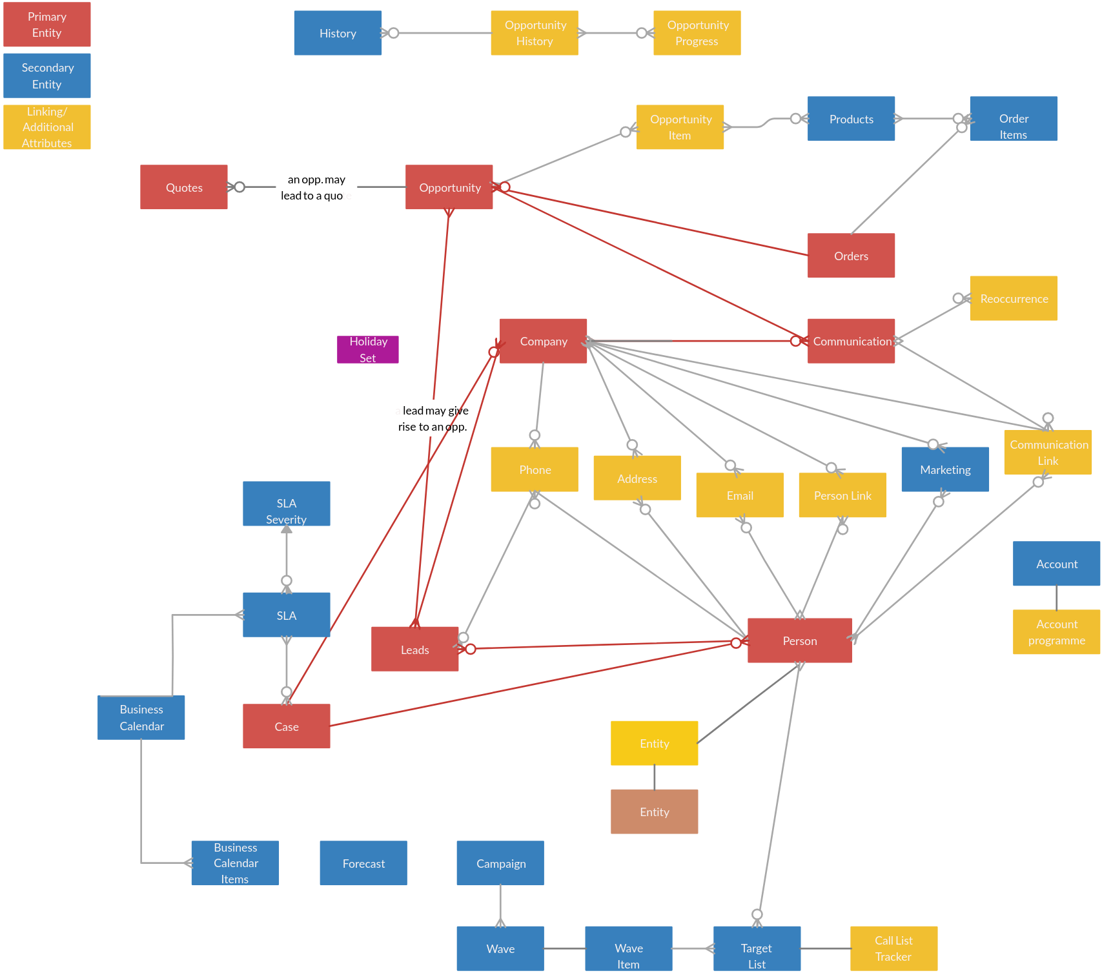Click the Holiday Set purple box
pos(367,349)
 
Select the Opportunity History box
pos(534,33)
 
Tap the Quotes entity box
pos(184,187)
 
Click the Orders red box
pos(851,256)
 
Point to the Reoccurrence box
pos(1014,298)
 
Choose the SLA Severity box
pos(286,504)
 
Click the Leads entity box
pos(414,649)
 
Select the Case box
pos(286,726)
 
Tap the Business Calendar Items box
pos(235,863)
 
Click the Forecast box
pos(363,863)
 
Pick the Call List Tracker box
pos(893,948)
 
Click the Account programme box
pos(1056,632)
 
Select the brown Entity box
pos(654,812)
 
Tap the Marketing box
pos(945,469)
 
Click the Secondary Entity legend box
pos(47,76)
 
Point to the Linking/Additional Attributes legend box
pos(47,127)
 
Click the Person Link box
pos(842,495)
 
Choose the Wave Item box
pos(628,948)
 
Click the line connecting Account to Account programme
pos(1056,598)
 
